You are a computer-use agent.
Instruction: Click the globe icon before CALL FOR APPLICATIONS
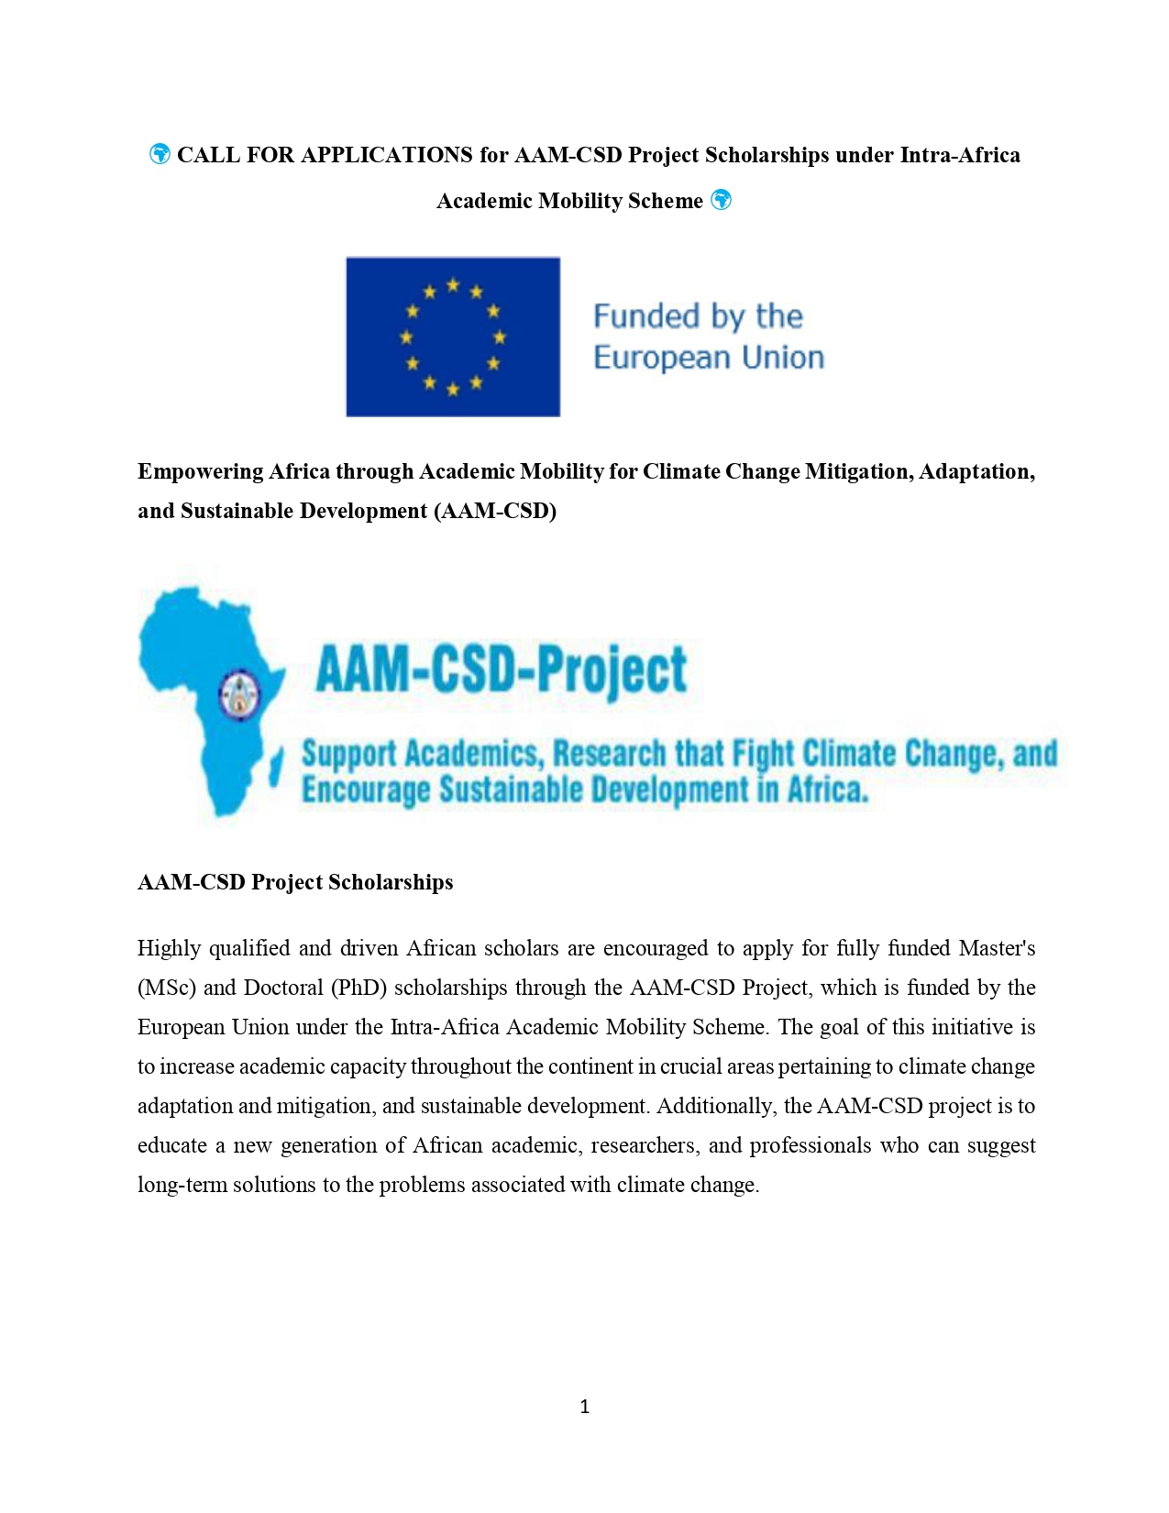[x=160, y=154]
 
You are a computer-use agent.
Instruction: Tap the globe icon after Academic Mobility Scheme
[x=722, y=200]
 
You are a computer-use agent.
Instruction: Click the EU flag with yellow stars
[x=453, y=337]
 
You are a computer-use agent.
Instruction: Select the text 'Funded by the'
[x=698, y=316]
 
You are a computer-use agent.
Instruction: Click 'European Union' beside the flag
[x=709, y=357]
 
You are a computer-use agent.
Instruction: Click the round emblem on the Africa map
[x=240, y=695]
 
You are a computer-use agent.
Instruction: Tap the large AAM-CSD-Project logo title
[x=501, y=668]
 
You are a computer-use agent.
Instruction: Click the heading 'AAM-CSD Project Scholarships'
[x=295, y=882]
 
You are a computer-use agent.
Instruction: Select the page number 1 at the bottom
[x=585, y=1407]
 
